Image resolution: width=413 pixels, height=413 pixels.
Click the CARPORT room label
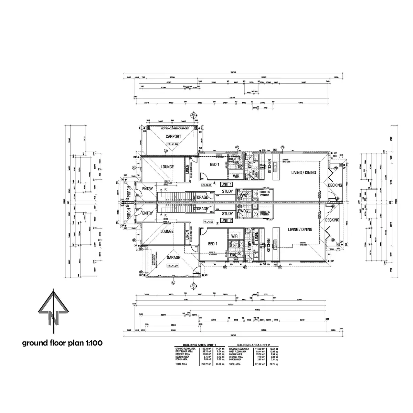pos(173,137)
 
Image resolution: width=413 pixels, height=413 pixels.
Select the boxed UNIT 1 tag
pos(227,184)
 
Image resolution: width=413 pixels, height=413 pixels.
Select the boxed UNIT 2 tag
pos(227,220)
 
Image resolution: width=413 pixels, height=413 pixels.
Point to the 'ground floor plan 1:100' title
pos(62,343)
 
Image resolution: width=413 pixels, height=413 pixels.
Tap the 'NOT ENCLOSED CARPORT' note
pos(175,128)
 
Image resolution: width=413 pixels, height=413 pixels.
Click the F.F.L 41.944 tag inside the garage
pos(172,266)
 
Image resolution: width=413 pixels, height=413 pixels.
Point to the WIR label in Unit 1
pos(236,176)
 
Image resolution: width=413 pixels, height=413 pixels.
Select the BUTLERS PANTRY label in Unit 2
pos(265,213)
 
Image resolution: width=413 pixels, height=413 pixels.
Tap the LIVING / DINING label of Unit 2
pos(300,230)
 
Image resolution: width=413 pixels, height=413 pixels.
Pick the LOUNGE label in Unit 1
pos(167,167)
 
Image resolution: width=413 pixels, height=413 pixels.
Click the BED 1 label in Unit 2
pos(212,244)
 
